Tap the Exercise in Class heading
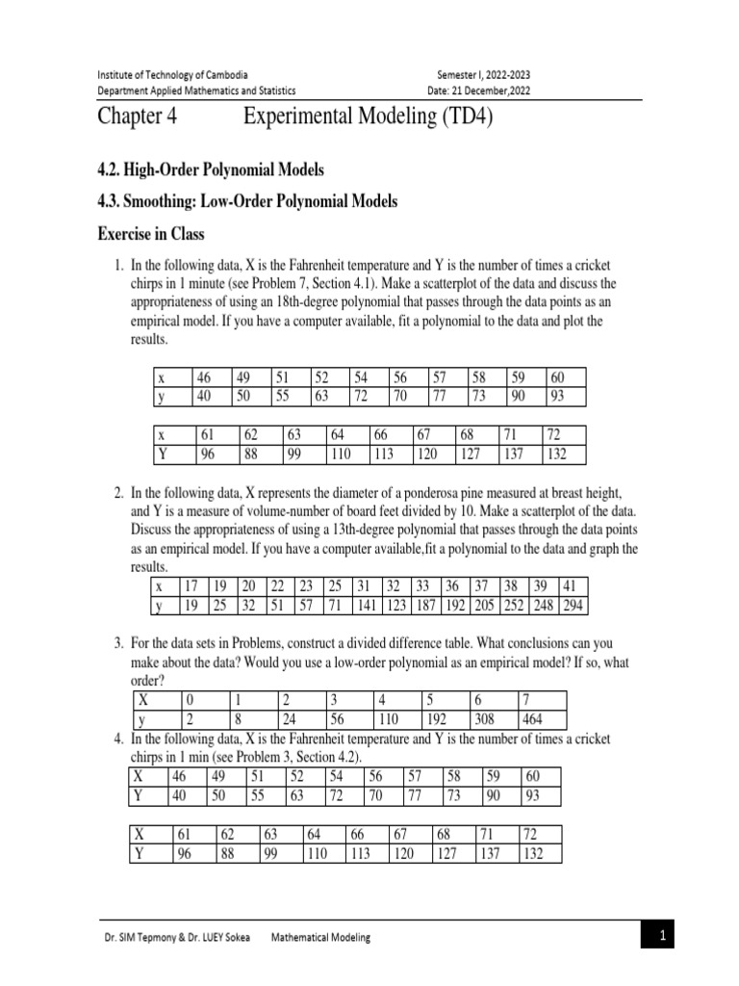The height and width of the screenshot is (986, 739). [150, 234]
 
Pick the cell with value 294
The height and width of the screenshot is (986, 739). [575, 606]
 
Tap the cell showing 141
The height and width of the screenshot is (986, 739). [367, 606]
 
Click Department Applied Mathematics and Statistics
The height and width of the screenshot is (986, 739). [196, 91]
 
